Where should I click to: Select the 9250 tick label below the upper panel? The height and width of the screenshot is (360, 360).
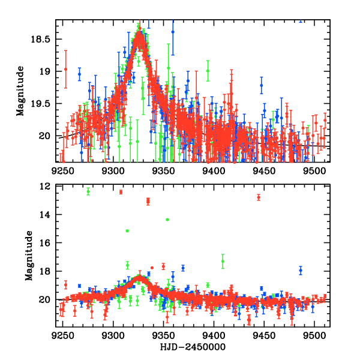pyautogui.click(x=62, y=170)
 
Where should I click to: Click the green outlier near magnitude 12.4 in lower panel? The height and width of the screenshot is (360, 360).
pyautogui.click(x=88, y=191)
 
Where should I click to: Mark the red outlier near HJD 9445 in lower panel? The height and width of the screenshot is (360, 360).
pyautogui.click(x=259, y=197)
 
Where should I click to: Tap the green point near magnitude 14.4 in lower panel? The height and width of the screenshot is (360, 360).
pyautogui.click(x=167, y=220)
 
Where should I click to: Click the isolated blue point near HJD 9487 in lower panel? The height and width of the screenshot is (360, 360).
pyautogui.click(x=301, y=271)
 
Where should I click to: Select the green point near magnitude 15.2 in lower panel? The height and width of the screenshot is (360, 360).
pyautogui.click(x=127, y=231)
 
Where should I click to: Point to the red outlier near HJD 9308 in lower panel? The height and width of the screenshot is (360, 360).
pyautogui.click(x=121, y=192)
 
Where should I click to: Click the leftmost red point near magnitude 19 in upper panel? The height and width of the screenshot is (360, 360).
pyautogui.click(x=65, y=70)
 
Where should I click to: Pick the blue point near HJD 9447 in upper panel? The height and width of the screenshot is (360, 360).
pyautogui.click(x=262, y=85)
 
